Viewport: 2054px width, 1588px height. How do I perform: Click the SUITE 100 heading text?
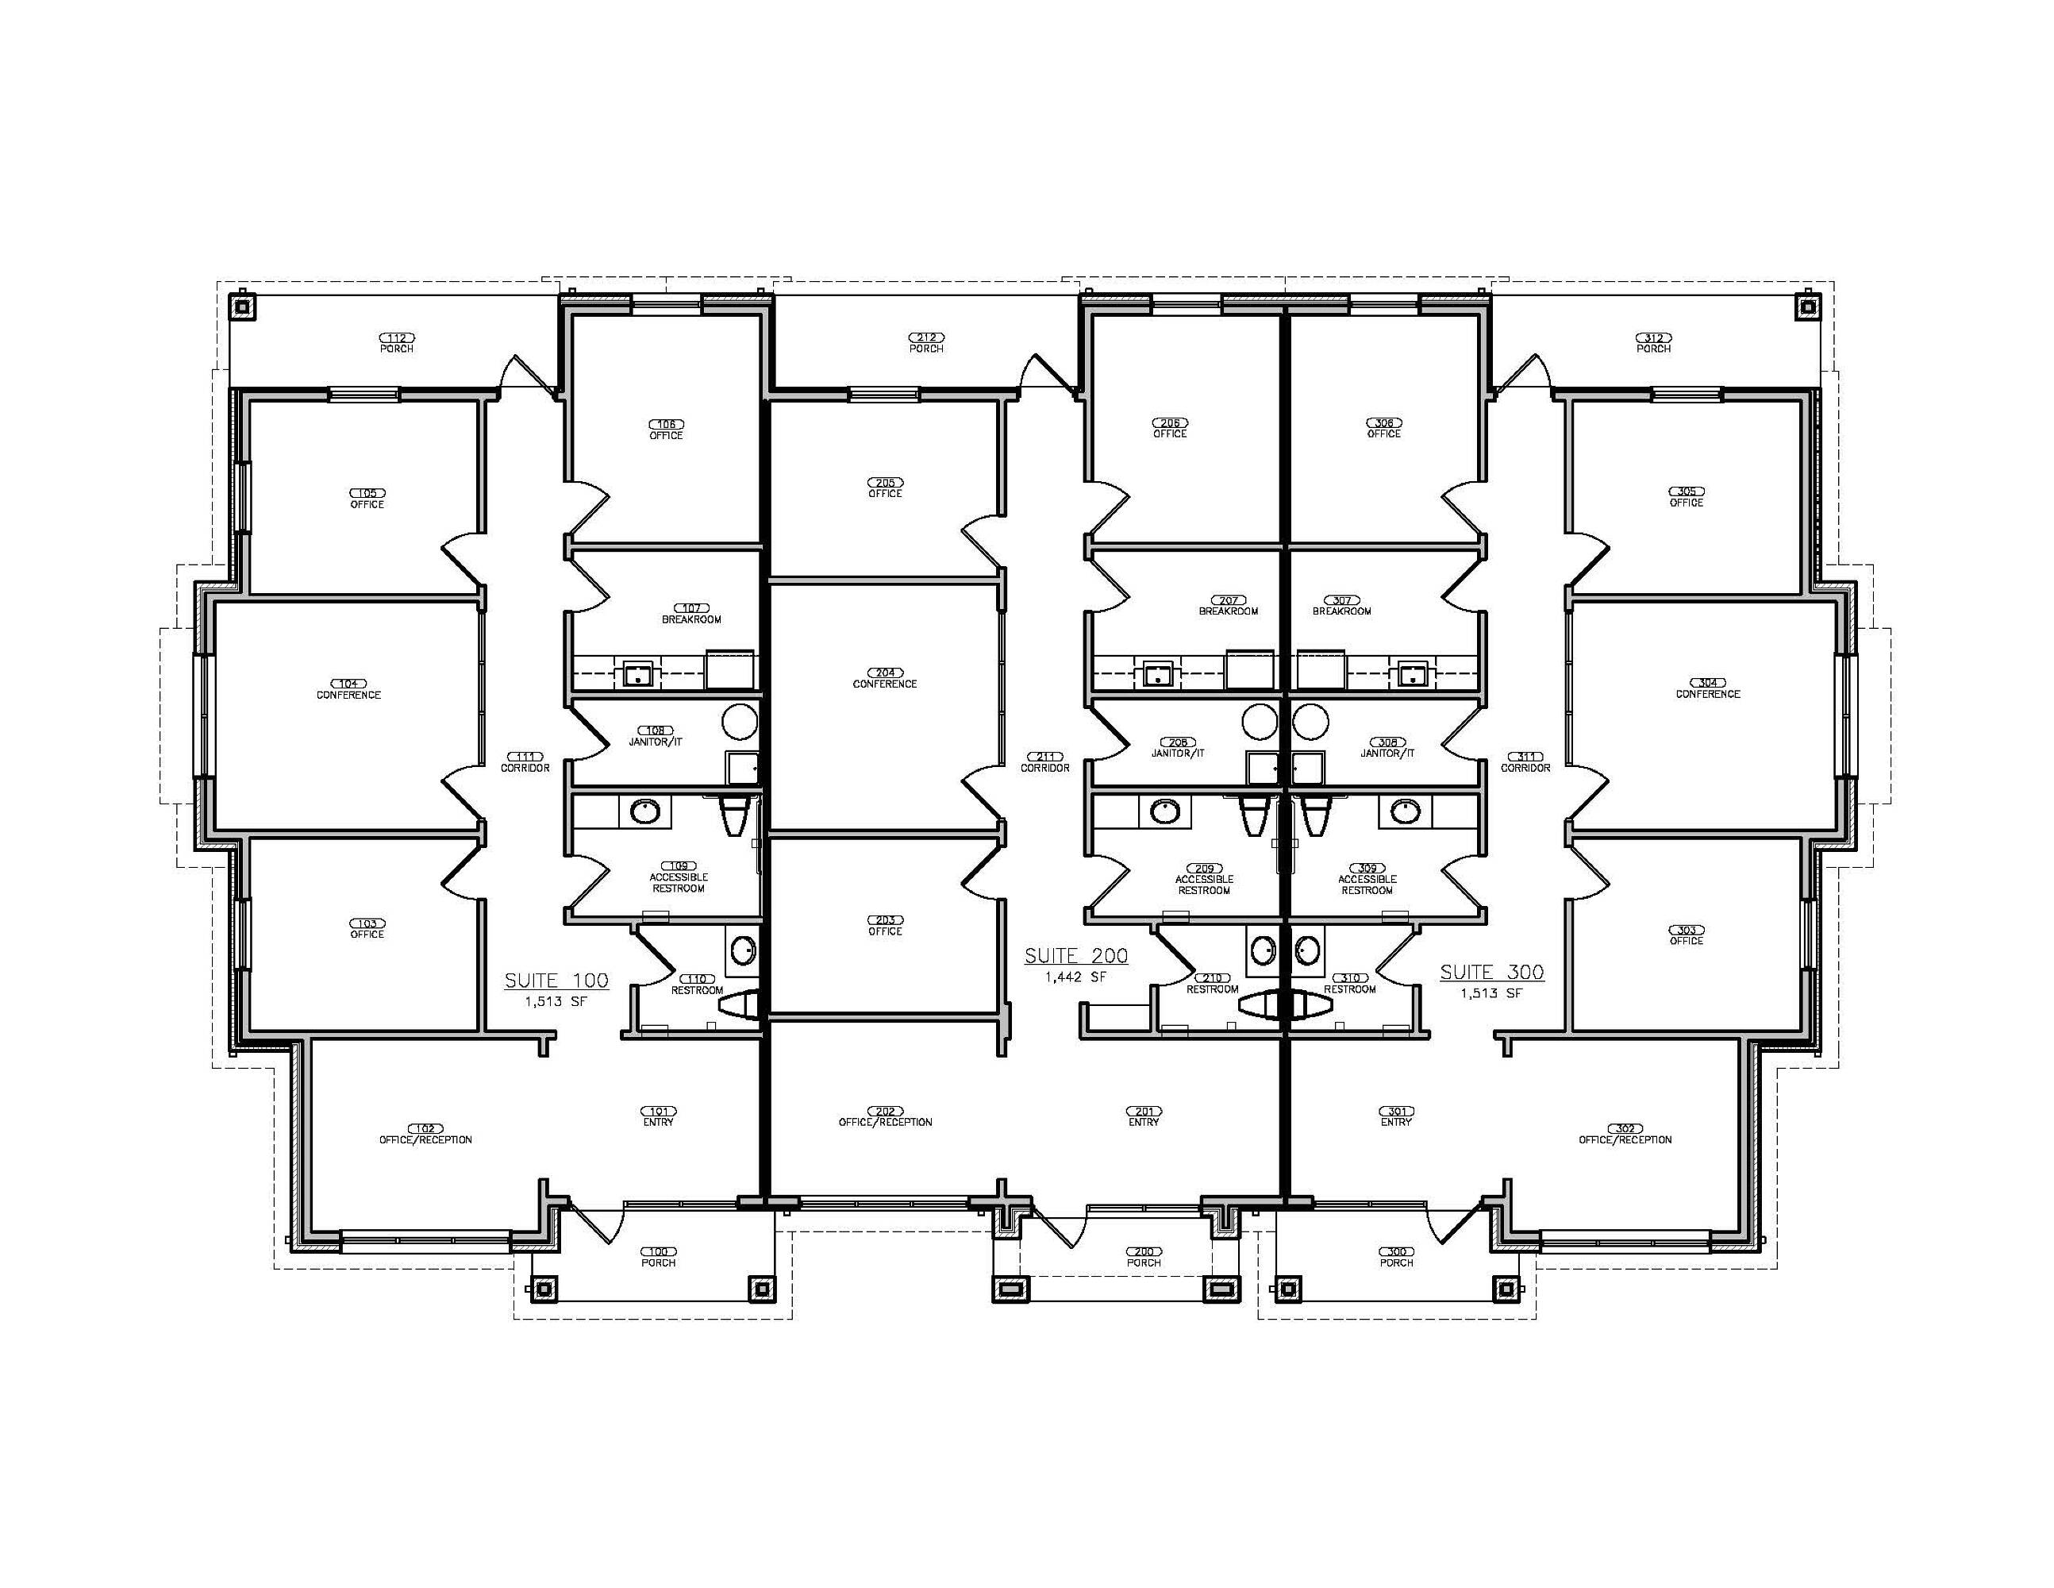(x=557, y=981)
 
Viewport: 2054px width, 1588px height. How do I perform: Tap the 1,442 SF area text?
(x=1076, y=977)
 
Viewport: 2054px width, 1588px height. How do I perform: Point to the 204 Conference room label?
(x=885, y=678)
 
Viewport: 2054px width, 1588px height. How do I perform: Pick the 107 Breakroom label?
(x=691, y=615)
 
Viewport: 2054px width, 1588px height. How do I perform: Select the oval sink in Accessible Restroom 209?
(x=1164, y=810)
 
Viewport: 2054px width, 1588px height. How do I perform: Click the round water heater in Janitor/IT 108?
(x=739, y=723)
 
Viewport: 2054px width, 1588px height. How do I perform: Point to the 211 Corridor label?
(x=1045, y=762)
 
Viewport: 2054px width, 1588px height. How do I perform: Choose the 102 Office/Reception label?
(x=425, y=1134)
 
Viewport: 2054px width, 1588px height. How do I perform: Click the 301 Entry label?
(x=1397, y=1116)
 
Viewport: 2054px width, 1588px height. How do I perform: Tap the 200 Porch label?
(x=1144, y=1257)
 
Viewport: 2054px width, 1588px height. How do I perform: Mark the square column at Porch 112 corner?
(x=243, y=306)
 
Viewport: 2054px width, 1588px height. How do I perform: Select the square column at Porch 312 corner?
(x=1806, y=306)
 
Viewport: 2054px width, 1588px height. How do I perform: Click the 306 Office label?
(x=1383, y=428)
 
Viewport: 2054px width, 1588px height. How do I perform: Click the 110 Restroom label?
(x=697, y=984)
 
